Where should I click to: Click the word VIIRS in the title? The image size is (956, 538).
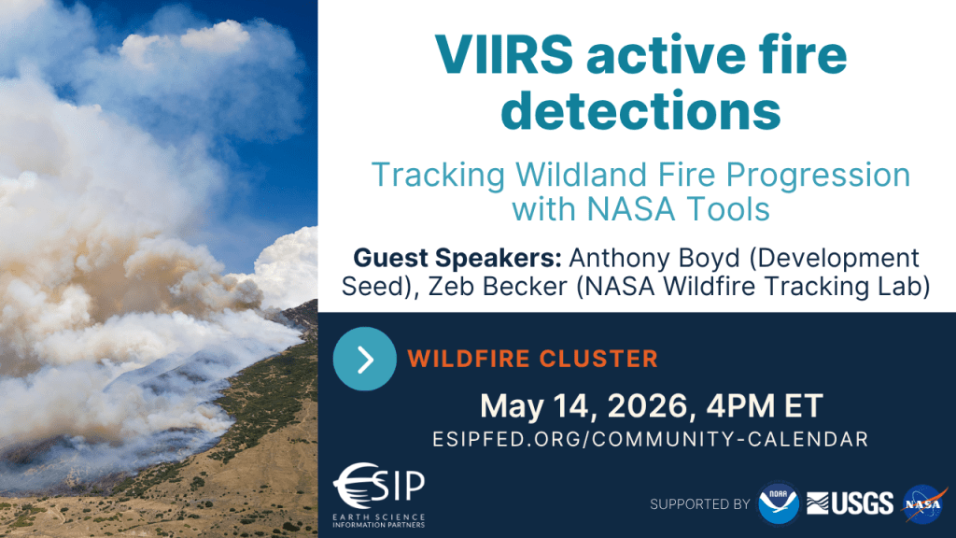(504, 55)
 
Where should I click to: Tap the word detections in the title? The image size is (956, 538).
(640, 110)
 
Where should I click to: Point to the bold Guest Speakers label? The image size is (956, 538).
(457, 258)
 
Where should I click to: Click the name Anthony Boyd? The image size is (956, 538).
(654, 259)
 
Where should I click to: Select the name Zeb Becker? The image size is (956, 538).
(498, 286)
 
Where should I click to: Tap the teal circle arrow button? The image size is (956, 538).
(365, 359)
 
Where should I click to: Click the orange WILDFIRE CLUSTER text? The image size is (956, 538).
(532, 359)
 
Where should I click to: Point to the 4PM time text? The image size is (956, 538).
(739, 406)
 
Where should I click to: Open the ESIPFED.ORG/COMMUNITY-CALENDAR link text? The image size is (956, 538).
(651, 439)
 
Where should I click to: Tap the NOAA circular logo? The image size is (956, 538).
(778, 503)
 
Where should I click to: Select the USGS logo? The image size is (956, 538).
(850, 503)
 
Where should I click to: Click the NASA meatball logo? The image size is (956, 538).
(924, 503)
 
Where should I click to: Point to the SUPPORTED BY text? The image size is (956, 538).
(700, 504)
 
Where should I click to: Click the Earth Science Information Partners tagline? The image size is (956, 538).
(379, 520)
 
